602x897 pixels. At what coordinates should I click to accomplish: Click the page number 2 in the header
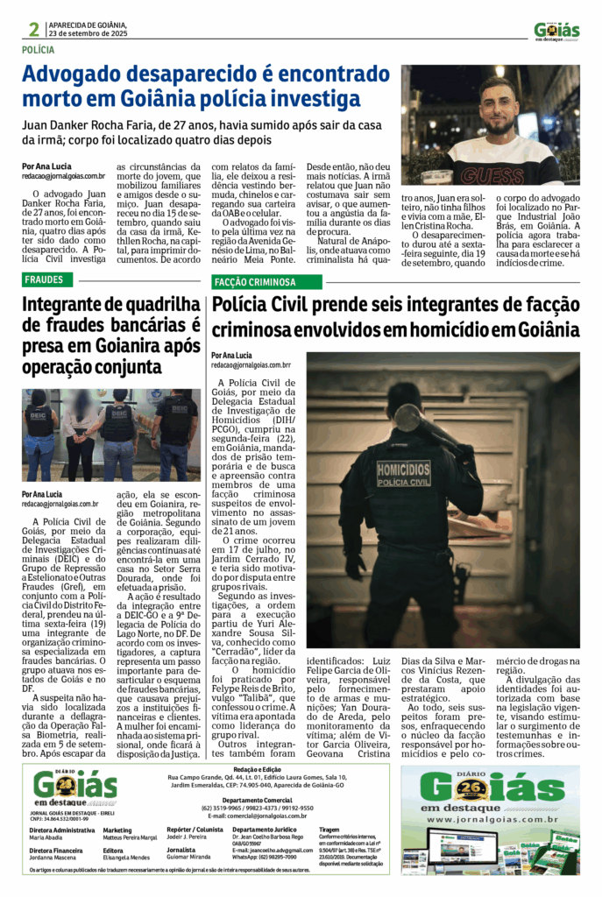pos(33,29)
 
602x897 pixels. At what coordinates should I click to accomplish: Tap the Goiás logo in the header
pos(557,31)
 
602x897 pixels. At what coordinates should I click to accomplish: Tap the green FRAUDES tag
pos(44,280)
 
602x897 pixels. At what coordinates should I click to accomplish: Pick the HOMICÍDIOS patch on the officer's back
pos(403,474)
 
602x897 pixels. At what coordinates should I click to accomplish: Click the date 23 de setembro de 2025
pos(88,33)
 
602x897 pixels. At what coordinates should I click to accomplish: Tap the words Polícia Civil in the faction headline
pos(272,306)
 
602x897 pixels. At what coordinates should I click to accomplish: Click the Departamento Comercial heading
pos(257,799)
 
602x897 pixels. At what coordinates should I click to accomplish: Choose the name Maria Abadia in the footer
pos(45,837)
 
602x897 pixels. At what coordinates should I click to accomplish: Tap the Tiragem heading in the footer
pos(329,829)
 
